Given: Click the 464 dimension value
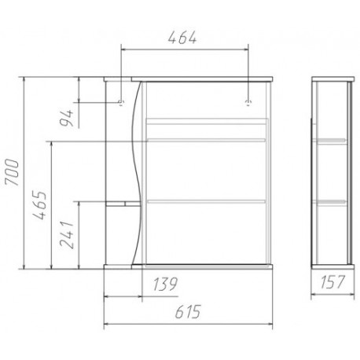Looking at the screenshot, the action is point(182,38).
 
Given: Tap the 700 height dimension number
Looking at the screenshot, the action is point(13,172).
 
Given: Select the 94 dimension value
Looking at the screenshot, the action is point(67,118).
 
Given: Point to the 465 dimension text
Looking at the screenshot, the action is point(40,206).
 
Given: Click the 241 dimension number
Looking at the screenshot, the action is point(66,234).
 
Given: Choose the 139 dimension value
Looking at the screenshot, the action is point(165,284).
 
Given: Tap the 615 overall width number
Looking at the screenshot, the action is point(188,311).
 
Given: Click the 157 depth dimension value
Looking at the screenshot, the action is point(332,282).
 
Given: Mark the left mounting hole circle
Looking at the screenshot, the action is point(121,102).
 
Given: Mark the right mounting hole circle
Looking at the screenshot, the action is point(248,102).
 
